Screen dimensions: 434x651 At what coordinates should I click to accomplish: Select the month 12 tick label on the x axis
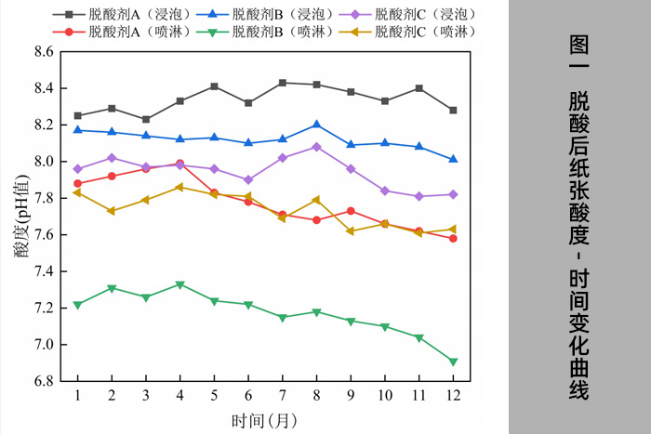[x=453, y=395]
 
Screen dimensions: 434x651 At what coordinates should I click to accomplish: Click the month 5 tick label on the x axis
[x=214, y=395]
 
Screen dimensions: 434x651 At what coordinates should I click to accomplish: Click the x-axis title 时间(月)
[x=266, y=419]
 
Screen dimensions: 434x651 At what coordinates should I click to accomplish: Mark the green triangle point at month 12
[x=453, y=362]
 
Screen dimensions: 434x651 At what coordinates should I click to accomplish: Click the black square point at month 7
[x=283, y=83]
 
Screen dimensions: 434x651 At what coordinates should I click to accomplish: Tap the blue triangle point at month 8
[x=317, y=125]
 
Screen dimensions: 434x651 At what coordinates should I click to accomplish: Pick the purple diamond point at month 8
[x=317, y=147]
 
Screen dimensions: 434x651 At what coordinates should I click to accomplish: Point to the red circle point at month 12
[x=453, y=239]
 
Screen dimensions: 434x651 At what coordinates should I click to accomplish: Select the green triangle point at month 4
[x=180, y=284]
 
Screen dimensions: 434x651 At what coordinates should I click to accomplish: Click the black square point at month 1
[x=77, y=116]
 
